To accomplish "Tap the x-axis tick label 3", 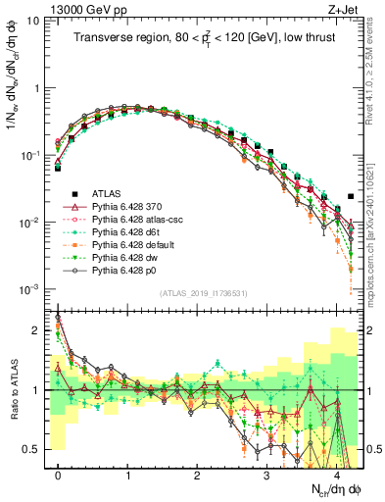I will pyautogui.click(x=266, y=474).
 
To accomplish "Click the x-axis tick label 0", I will pyautogui.click(x=58, y=474).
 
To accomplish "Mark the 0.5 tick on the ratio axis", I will pyautogui.click(x=37, y=449).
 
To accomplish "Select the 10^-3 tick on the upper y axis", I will pyautogui.click(x=31, y=289).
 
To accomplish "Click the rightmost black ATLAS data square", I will pyautogui.click(x=351, y=196).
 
